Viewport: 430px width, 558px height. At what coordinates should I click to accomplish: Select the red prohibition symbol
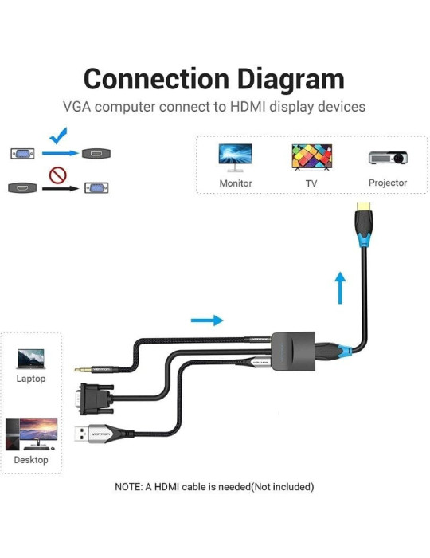click(57, 175)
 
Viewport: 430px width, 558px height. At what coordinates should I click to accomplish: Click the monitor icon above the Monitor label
click(235, 155)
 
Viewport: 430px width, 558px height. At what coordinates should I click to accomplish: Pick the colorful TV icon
click(311, 156)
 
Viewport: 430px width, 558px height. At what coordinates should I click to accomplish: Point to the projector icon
click(388, 157)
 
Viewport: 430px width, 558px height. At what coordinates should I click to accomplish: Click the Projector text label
click(388, 183)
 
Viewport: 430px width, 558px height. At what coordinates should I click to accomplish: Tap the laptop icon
click(31, 358)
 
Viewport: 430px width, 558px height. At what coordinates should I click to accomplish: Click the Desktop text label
click(31, 460)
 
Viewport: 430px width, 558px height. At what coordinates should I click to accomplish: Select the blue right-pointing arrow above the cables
click(207, 320)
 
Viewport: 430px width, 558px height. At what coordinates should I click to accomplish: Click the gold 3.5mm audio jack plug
click(84, 369)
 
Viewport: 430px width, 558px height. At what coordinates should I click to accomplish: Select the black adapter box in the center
click(294, 351)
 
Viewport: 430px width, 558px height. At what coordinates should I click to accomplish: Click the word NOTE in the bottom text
click(129, 486)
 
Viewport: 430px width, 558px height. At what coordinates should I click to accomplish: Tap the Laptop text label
click(31, 379)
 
